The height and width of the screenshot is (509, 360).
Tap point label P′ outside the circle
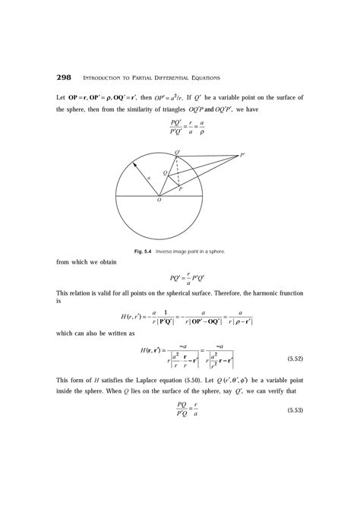[x=242, y=156]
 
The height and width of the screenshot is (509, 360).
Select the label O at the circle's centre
[x=159, y=201]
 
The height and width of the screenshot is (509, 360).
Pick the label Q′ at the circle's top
[x=178, y=153]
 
